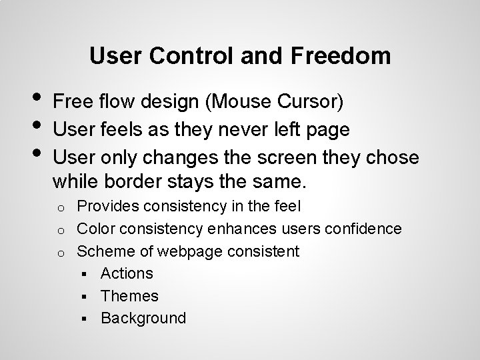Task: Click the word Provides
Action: coord(109,207)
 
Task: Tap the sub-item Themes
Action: coord(129,295)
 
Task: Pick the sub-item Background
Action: coord(143,318)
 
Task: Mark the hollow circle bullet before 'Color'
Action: coord(60,230)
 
